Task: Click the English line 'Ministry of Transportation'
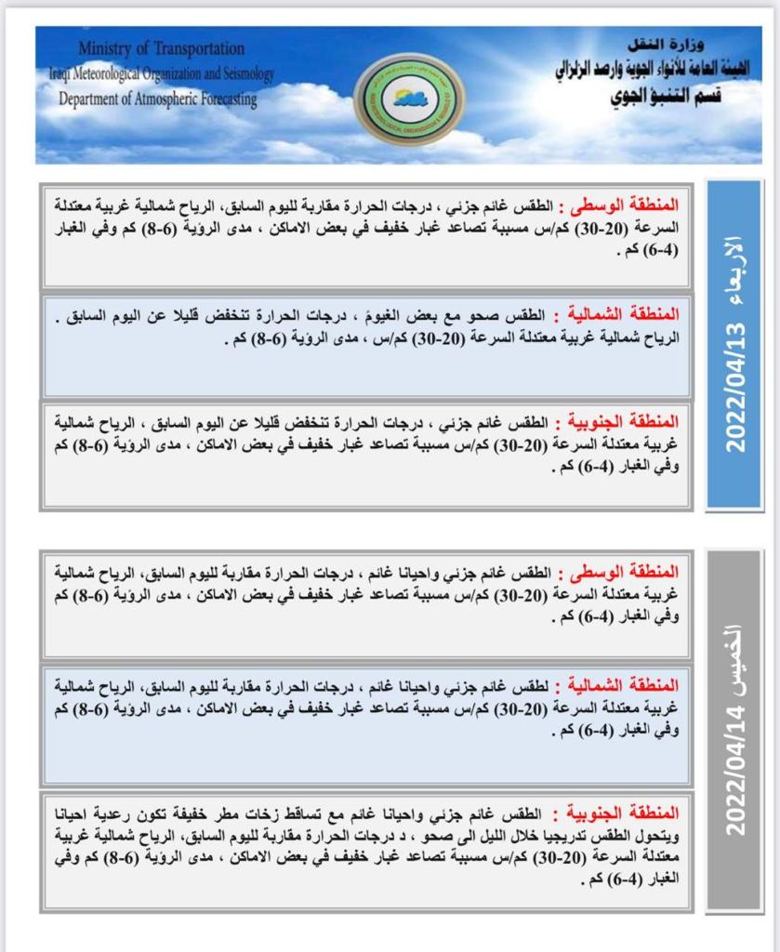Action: [x=162, y=48]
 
